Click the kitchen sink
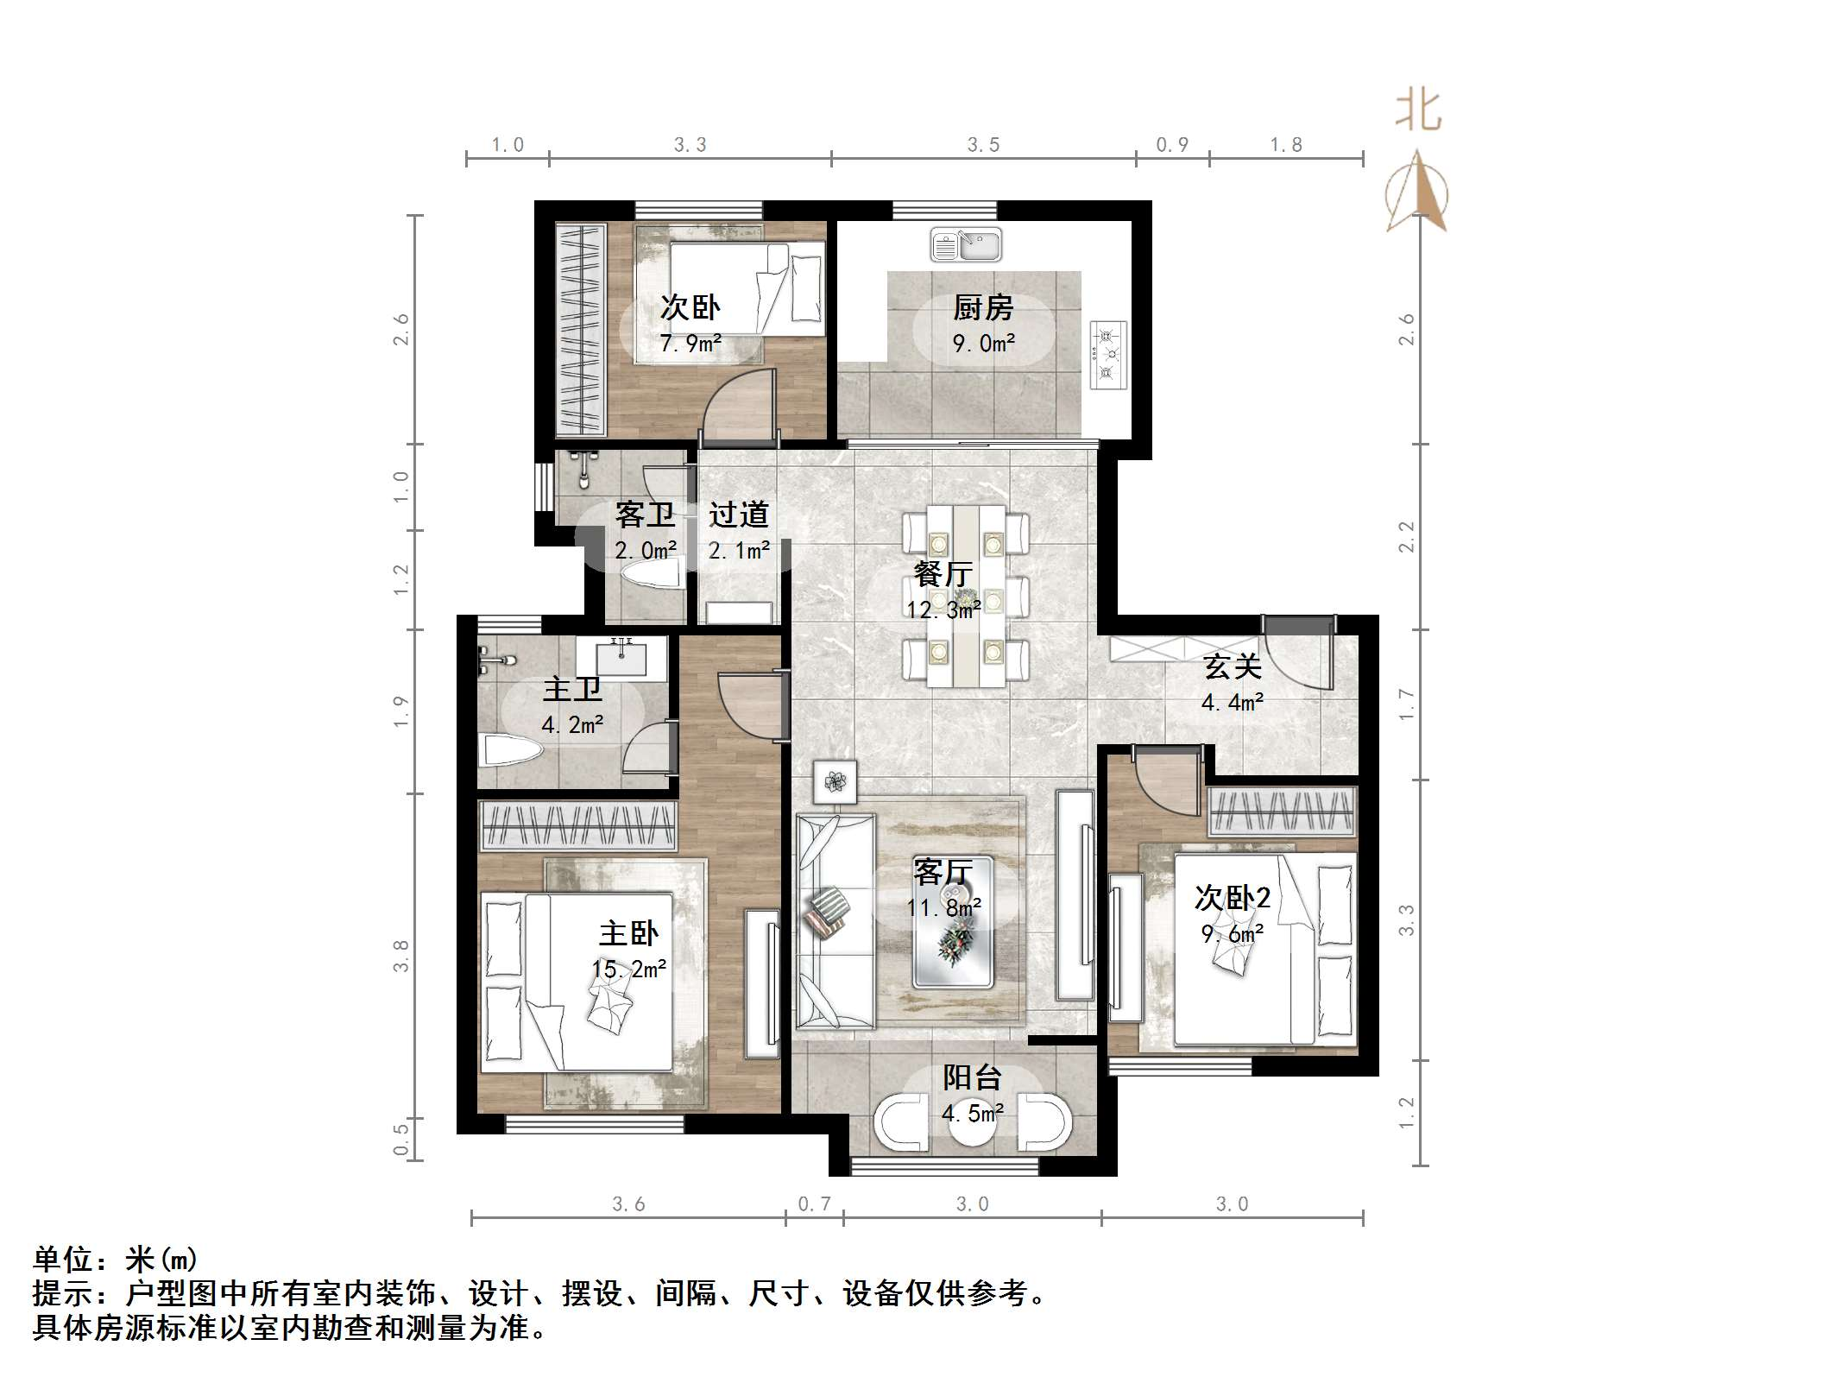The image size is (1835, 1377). pyautogui.click(x=966, y=244)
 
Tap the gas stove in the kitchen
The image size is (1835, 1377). pyautogui.click(x=1108, y=354)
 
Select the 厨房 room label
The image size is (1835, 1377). pyautogui.click(x=983, y=307)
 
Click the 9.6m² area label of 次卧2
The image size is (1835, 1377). pyautogui.click(x=1233, y=934)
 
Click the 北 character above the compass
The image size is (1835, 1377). pyautogui.click(x=1418, y=111)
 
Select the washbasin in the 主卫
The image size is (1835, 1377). pyautogui.click(x=621, y=658)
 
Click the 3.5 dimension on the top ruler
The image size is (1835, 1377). pyautogui.click(x=983, y=145)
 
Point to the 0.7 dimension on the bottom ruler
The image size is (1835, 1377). pyautogui.click(x=814, y=1204)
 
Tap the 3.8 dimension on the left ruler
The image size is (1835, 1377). pyautogui.click(x=401, y=956)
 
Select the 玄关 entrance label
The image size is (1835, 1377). pyautogui.click(x=1233, y=666)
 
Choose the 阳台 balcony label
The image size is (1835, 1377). pyautogui.click(x=972, y=1077)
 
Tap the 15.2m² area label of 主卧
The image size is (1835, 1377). pyautogui.click(x=629, y=970)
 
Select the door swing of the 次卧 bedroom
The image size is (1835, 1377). pyautogui.click(x=738, y=406)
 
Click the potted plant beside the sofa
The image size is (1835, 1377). pyautogui.click(x=835, y=782)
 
